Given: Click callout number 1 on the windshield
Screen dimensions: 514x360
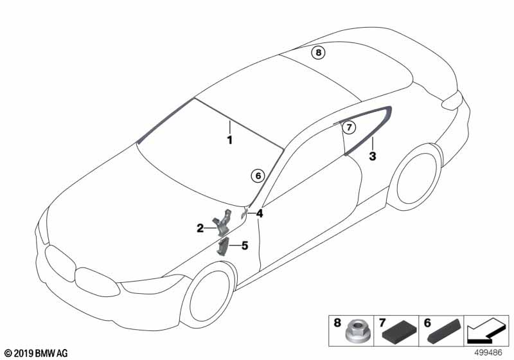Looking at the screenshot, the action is [x=230, y=140].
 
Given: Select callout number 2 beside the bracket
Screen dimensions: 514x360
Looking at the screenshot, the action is [x=200, y=228].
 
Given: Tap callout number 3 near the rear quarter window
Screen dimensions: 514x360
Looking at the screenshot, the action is [x=373, y=156].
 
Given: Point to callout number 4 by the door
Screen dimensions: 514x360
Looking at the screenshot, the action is [x=260, y=214].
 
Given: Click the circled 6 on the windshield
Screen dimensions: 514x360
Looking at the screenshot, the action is [x=258, y=176].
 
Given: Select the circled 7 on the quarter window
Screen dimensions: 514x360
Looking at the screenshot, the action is [x=349, y=127].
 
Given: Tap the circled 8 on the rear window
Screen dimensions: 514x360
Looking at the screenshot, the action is [x=318, y=53].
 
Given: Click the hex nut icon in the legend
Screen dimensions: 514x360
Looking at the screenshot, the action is [x=357, y=331].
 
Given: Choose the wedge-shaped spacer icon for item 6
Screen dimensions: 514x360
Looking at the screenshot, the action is [x=445, y=330].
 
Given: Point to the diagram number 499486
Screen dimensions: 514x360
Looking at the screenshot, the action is [x=488, y=353].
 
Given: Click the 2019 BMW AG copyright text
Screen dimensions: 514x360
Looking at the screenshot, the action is [x=37, y=353].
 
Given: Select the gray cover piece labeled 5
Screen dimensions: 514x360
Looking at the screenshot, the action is [x=222, y=247].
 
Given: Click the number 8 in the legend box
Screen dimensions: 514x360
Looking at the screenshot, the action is [x=337, y=323].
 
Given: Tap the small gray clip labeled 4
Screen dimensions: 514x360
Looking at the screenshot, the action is [x=244, y=215].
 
